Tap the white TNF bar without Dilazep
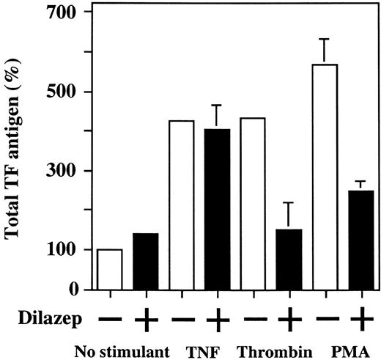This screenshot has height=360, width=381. tap(182, 205)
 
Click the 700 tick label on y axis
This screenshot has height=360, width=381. tap(67, 13)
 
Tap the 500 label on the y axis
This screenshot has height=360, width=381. tap(67, 92)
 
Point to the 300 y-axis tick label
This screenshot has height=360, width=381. tap(67, 171)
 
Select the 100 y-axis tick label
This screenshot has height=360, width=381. tap(67, 250)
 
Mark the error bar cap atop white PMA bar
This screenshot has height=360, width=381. tap(324, 39)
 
